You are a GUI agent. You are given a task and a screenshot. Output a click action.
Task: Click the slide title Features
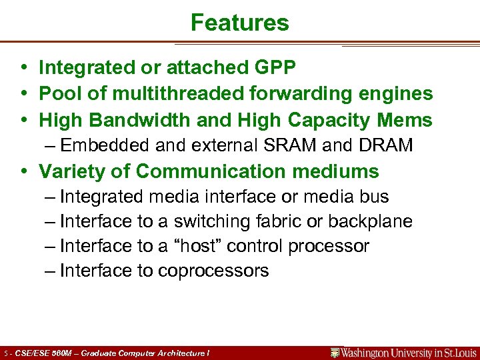[239, 23]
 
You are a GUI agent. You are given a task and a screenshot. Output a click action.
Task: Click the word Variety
[75, 171]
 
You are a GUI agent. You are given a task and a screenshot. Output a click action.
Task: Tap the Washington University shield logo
[335, 353]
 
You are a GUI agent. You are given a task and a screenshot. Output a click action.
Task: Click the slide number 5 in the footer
[6, 353]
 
